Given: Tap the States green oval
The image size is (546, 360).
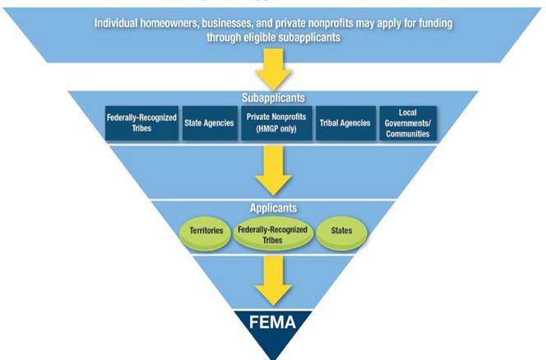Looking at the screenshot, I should point(341,231).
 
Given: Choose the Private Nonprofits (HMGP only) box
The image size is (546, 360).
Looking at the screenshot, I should point(272,122).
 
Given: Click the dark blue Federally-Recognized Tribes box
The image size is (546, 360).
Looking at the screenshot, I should point(141,122).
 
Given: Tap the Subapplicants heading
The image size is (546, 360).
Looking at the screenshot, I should point(272,98).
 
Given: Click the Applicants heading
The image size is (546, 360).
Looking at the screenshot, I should point(272,209).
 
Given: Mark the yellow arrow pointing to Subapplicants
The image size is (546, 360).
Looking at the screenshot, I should point(272,71).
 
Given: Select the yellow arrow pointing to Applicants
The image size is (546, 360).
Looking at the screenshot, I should point(272,171).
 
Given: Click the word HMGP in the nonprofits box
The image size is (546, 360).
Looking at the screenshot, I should point(264,128).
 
